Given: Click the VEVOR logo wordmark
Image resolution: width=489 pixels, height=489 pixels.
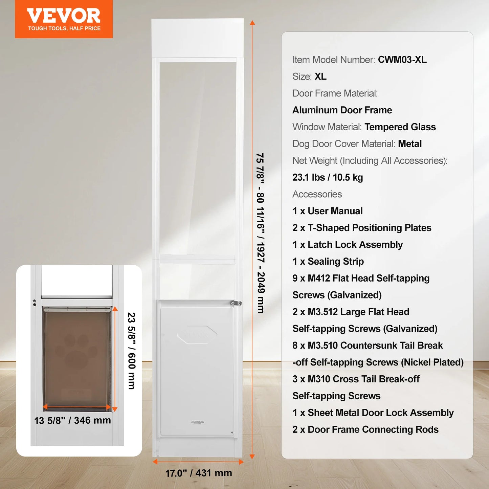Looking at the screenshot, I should [64, 16].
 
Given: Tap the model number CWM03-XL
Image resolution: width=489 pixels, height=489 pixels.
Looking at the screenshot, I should [402, 60].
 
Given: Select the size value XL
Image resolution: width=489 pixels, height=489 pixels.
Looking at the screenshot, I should [320, 76].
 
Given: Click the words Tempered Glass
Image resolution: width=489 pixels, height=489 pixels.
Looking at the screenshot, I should [400, 127].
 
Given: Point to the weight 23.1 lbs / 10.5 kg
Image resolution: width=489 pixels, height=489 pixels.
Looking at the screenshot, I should [328, 177].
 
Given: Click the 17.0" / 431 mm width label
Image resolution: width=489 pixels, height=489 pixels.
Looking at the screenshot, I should [199, 473].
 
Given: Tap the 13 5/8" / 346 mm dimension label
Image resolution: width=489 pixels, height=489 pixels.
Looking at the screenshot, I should [72, 420].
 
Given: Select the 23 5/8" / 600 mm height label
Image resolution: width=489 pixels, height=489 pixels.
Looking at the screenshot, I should [131, 351].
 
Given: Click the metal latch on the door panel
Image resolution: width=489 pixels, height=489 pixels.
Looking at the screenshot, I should [236, 303].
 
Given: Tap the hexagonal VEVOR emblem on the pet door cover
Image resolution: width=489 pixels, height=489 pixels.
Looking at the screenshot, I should [197, 335].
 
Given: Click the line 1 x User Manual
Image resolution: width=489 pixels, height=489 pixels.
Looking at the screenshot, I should [328, 211].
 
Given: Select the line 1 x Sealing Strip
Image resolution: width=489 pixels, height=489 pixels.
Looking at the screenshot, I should [328, 262].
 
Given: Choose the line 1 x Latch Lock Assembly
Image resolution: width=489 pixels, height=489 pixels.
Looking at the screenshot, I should [348, 245].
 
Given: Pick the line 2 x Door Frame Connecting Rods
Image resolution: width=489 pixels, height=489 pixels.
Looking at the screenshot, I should [365, 429].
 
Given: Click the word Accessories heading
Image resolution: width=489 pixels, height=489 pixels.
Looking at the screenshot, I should [317, 194].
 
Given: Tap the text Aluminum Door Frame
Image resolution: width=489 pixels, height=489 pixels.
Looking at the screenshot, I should [342, 110].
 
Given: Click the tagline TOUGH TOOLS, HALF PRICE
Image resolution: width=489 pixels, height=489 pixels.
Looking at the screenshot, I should [64, 28].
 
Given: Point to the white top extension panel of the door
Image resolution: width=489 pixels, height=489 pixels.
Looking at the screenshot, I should [198, 38].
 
